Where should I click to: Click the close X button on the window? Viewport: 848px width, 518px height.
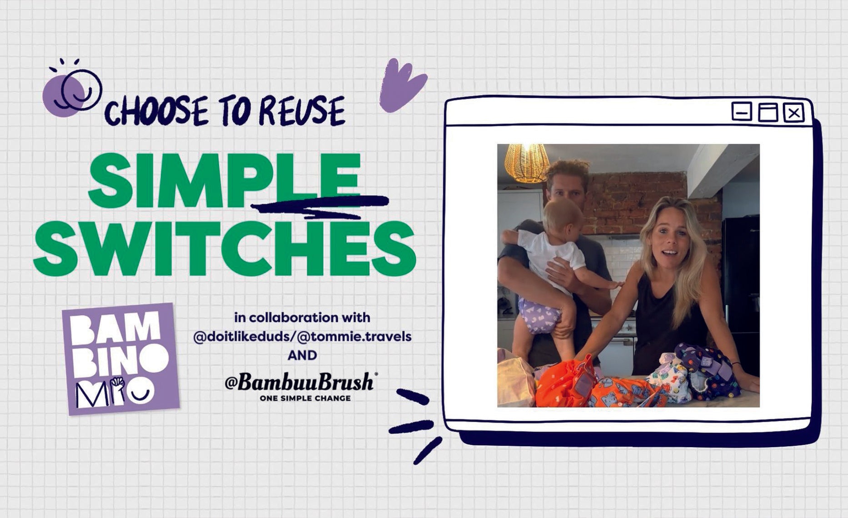(x=793, y=113)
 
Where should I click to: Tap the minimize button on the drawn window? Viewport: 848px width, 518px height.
(x=742, y=112)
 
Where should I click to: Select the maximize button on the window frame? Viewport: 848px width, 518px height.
(x=768, y=112)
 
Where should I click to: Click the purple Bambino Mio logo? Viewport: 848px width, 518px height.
(x=121, y=359)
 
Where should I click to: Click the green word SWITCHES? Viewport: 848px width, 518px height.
(x=224, y=249)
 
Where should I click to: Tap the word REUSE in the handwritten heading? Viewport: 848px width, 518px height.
(x=302, y=111)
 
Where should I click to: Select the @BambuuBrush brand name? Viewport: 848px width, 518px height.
(x=300, y=382)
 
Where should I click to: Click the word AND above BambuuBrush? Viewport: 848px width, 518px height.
(x=302, y=355)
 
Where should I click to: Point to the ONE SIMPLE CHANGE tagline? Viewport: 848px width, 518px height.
(x=305, y=398)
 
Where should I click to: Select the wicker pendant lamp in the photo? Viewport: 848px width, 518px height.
(x=526, y=162)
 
